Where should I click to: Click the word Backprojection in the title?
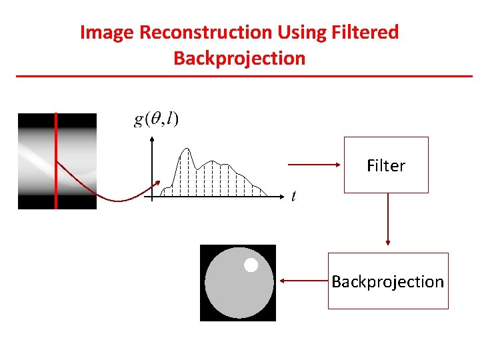click(x=239, y=58)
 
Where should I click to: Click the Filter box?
click(x=386, y=165)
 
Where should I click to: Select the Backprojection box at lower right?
click(x=388, y=281)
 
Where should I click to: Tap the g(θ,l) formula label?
click(x=157, y=119)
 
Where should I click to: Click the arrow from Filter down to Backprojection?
click(x=387, y=220)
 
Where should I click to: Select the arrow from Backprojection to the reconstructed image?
click(x=303, y=281)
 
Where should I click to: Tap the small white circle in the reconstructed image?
click(x=251, y=265)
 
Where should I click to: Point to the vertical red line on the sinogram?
click(x=56, y=160)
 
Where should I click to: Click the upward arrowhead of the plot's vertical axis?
click(x=153, y=139)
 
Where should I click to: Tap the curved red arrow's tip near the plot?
click(x=159, y=183)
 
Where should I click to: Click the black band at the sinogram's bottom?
click(x=57, y=202)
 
